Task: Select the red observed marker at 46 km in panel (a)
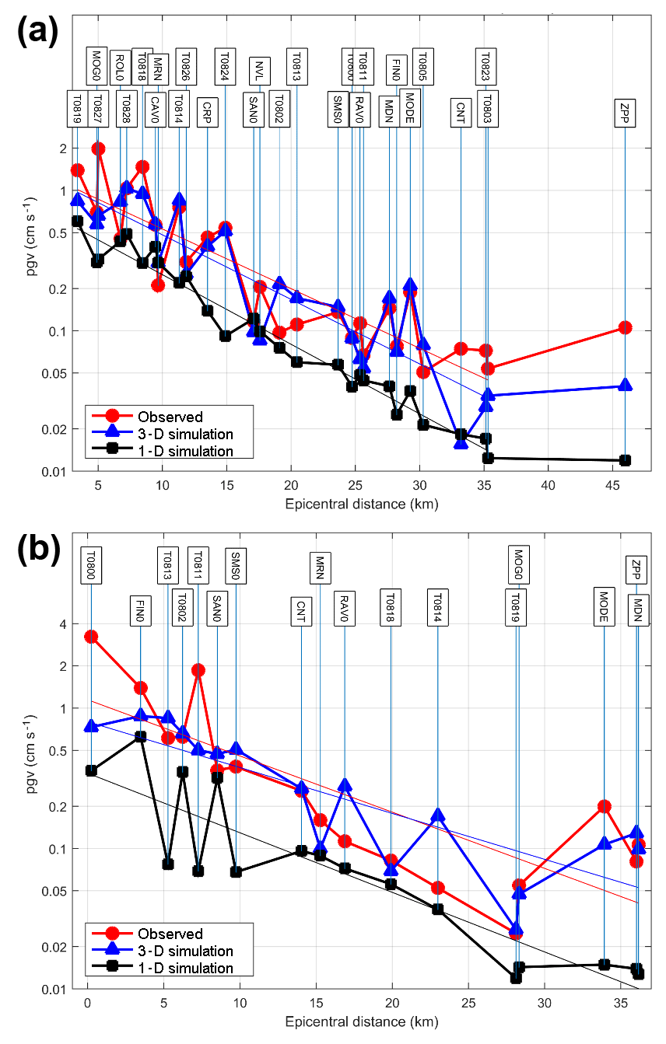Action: click(x=625, y=327)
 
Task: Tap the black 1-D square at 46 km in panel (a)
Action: click(x=625, y=460)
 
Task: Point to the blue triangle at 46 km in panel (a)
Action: click(x=625, y=385)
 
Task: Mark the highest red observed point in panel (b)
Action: click(x=91, y=636)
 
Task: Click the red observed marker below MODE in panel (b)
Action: click(x=604, y=807)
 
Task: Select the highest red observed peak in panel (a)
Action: click(x=98, y=148)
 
